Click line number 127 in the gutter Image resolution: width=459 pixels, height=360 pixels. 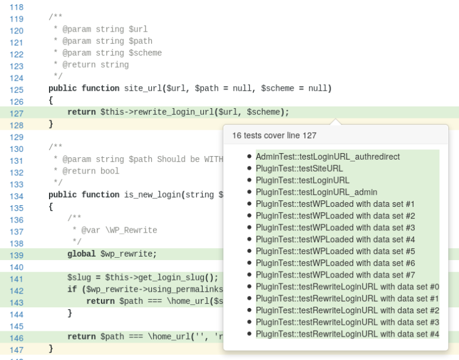click(x=17, y=113)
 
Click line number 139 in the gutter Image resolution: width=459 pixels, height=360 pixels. click(x=17, y=255)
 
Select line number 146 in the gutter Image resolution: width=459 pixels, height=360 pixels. click(x=17, y=337)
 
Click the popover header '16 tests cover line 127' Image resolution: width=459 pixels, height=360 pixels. click(x=274, y=135)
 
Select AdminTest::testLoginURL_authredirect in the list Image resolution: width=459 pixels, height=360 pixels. click(x=328, y=157)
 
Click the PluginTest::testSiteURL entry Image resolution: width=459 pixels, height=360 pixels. click(x=299, y=169)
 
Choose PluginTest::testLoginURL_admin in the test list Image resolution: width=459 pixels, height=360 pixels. click(x=316, y=192)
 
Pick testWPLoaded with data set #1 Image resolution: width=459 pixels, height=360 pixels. click(x=335, y=204)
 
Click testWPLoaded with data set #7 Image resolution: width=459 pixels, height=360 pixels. click(x=335, y=275)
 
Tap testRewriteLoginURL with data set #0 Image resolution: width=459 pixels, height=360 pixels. click(x=347, y=286)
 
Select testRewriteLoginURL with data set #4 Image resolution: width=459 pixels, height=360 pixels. click(x=347, y=334)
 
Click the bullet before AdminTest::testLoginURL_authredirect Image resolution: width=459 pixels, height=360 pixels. click(x=249, y=157)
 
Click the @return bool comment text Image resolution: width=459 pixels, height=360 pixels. click(x=91, y=171)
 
